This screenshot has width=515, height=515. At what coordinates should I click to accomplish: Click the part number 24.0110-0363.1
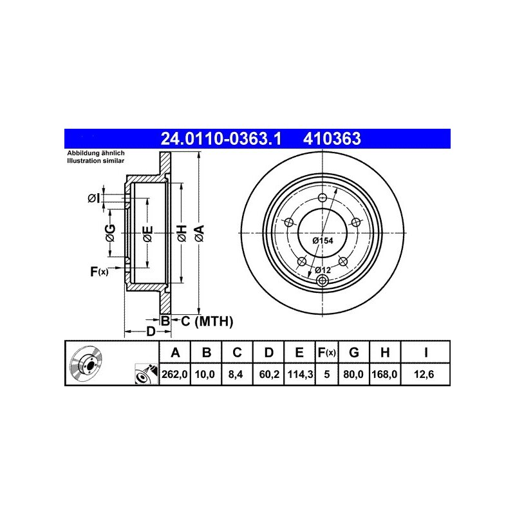[x=221, y=138]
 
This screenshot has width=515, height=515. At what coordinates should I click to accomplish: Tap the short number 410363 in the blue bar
[x=332, y=138]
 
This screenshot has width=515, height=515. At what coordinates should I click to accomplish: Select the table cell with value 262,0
[x=174, y=374]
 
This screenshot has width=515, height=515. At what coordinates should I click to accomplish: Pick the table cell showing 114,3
[x=300, y=374]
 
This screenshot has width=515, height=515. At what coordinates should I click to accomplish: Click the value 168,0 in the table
[x=384, y=374]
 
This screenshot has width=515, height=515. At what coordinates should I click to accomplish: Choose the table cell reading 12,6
[x=424, y=374]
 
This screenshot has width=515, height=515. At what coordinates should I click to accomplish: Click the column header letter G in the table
[x=353, y=352]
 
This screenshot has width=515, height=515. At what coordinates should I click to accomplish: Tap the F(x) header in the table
[x=326, y=352]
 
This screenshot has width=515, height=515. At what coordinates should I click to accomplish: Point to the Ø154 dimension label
[x=323, y=240]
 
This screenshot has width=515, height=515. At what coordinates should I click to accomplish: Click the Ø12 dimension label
[x=323, y=270]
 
